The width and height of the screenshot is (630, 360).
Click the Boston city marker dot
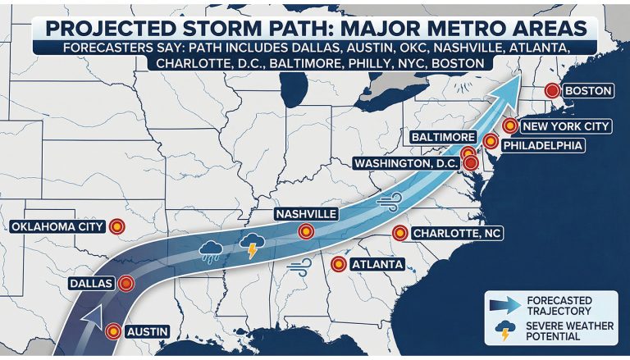[553, 91]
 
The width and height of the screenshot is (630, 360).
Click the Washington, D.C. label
[405, 163]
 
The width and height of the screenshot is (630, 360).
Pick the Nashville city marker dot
[306, 232]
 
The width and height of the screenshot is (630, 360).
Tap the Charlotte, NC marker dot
[399, 233]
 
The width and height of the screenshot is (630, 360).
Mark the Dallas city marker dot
[126, 284]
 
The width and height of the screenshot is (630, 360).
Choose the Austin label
[148, 331]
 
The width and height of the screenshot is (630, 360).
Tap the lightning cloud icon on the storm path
[251, 244]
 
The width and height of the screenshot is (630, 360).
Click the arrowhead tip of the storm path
[519, 75]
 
